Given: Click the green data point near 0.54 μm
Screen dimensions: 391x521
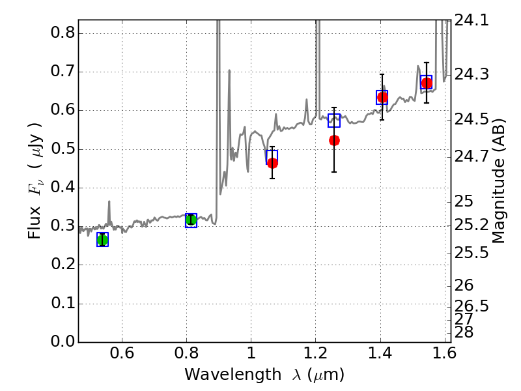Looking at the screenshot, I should coord(102,240).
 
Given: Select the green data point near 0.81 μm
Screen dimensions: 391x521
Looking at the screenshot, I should coord(191,220).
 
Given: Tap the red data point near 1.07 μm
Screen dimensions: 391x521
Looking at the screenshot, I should coord(272,163).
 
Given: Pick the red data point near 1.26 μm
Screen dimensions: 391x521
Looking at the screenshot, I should coord(334,140).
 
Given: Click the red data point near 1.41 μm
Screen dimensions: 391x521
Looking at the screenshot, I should coord(382,97).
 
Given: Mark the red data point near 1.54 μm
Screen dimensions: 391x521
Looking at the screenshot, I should coord(427,83).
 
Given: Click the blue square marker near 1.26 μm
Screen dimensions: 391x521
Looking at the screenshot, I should coord(334,121).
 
